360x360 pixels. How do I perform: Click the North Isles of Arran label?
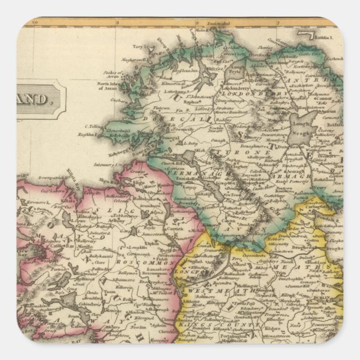pos(108,87)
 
